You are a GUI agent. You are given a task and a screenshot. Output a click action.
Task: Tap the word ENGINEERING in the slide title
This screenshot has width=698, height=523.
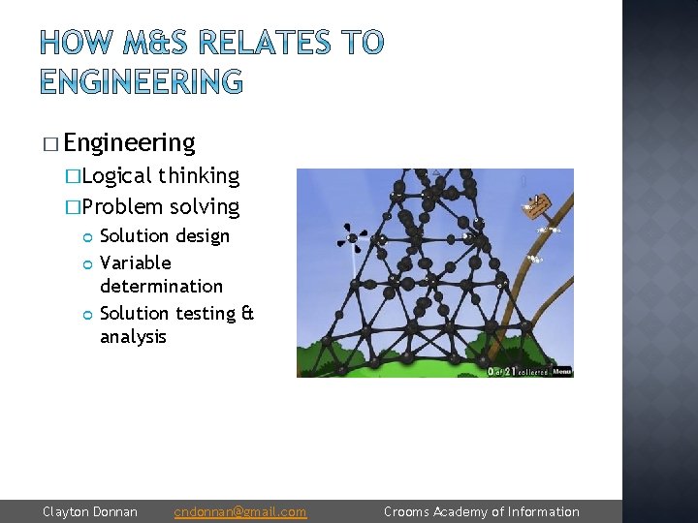point(142,81)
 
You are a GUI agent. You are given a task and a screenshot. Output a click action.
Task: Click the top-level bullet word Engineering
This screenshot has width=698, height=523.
point(129,143)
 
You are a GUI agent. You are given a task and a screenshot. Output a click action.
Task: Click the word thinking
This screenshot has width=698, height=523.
point(199,175)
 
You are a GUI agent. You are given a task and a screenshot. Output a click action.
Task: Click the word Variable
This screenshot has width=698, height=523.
point(135,262)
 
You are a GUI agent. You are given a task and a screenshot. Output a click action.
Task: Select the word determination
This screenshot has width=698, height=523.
point(161,286)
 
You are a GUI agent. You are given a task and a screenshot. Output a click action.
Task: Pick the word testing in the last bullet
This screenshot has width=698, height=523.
point(206,313)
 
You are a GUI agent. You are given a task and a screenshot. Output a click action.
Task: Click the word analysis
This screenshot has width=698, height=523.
point(133,336)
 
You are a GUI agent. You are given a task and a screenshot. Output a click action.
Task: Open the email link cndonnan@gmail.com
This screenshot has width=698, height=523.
point(239,511)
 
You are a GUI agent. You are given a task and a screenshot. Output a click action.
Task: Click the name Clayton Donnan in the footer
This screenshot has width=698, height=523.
point(90,511)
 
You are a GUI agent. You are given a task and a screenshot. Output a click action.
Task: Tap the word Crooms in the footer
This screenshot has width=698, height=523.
point(405,511)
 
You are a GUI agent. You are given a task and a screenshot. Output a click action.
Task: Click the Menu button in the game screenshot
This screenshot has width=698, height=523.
point(561,371)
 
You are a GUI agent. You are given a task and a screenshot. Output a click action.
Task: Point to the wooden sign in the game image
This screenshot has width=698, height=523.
point(537,205)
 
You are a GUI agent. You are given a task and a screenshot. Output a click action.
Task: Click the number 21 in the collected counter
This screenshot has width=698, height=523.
point(508,371)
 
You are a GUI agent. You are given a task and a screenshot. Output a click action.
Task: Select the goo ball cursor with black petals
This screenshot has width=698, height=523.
point(352,236)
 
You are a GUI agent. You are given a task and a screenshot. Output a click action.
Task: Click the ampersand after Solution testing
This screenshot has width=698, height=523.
point(246,313)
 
